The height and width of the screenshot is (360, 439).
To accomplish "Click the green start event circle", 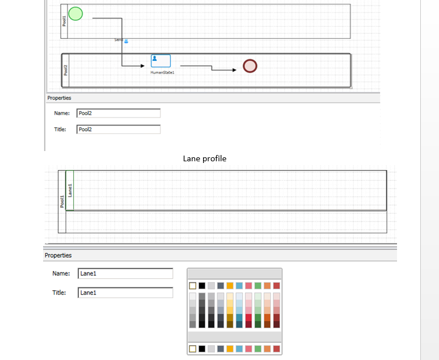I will coord(75,13).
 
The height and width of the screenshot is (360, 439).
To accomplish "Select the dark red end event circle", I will coord(250,66).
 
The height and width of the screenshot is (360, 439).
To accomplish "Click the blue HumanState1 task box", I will coord(161,61).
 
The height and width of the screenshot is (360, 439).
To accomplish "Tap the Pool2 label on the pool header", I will coord(65,70).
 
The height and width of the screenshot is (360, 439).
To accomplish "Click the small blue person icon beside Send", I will coord(126,41).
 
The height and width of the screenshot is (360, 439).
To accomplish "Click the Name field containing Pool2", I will coord(118,113).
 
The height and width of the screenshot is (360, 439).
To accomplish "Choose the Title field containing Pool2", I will coord(118,129).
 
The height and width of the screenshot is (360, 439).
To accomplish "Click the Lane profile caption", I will coord(205,158).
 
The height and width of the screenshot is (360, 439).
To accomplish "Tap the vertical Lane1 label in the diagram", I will coord(70,190).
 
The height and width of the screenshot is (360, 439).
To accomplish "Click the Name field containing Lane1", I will coord(125,274).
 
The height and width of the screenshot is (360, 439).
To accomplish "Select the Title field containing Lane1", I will coord(125,292).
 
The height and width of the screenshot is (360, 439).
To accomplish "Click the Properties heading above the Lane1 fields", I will coord(58,256).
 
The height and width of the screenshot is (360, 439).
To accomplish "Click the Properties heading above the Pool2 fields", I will coord(60,98).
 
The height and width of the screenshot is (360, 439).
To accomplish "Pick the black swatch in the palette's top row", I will coord(202,286).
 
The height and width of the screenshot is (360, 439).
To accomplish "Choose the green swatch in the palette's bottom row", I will coord(258,348).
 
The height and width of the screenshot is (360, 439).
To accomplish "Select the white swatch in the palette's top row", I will coord(192,286).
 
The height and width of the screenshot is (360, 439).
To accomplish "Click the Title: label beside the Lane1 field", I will coord(60,292).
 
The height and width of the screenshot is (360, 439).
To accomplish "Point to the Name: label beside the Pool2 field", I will coord(62,113).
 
